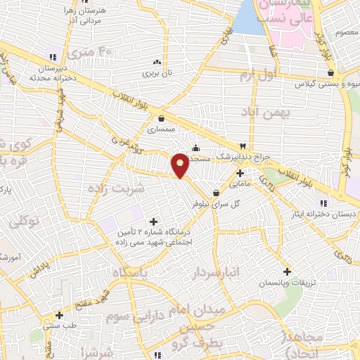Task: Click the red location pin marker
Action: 181,165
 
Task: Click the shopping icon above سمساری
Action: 162,118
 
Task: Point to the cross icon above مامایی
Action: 240,172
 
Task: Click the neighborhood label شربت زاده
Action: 116,188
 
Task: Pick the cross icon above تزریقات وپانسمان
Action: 287,271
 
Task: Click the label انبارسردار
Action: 219,271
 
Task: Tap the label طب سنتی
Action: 60,326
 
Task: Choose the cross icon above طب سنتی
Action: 60,314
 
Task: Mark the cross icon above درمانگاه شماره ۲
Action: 153,222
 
